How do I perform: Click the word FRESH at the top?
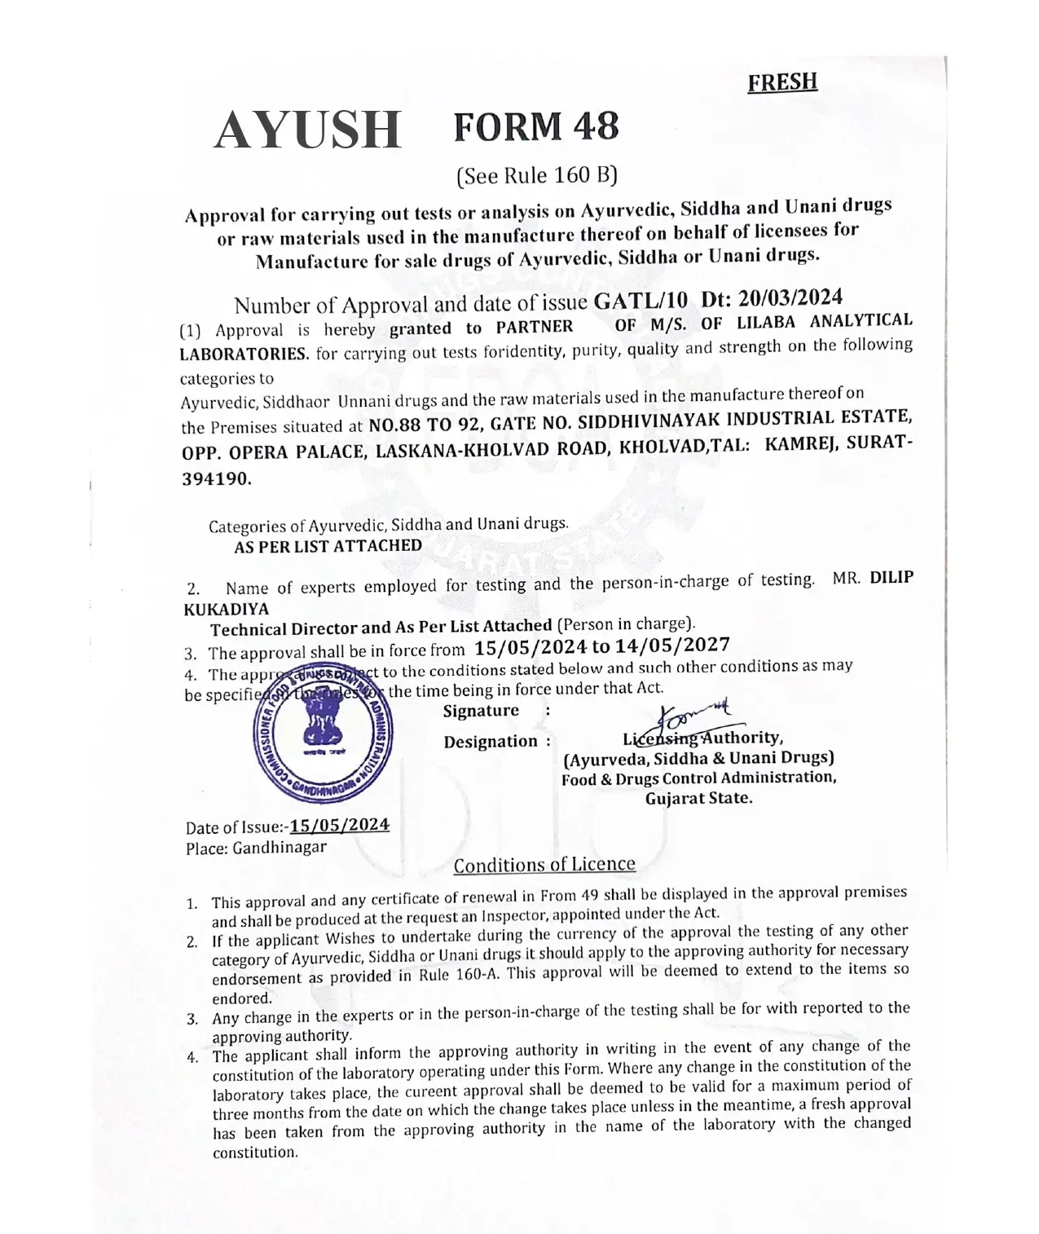tap(781, 82)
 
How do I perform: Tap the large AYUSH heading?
tap(308, 130)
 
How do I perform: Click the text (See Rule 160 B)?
tap(537, 175)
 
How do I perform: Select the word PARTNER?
tap(534, 327)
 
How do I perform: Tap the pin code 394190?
tap(216, 479)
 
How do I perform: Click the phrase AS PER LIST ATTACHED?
tap(328, 546)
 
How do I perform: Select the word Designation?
tap(491, 742)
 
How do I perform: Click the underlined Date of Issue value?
tap(340, 825)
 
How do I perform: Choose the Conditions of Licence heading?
tap(544, 865)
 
